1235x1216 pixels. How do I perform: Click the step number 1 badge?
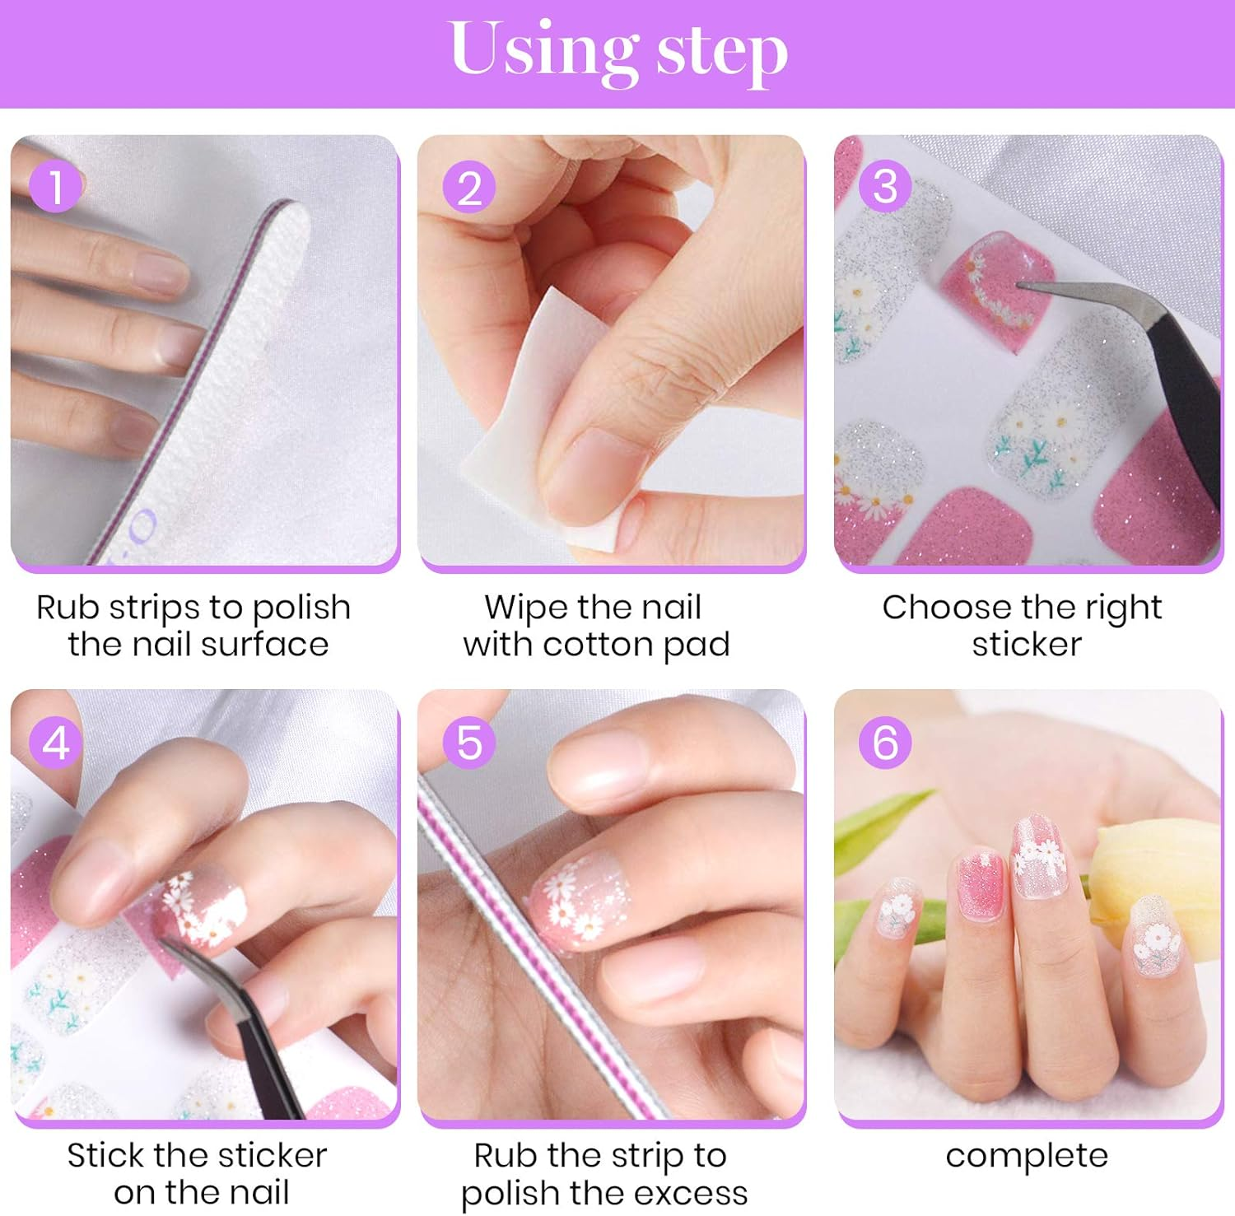[x=55, y=187]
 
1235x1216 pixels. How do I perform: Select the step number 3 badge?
[x=885, y=187]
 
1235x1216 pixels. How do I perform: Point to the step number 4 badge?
[x=55, y=743]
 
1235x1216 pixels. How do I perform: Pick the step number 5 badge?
[x=469, y=743]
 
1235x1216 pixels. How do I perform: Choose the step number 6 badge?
[x=885, y=743]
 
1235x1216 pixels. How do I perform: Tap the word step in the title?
[x=721, y=53]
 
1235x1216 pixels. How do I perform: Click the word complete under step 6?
[x=1026, y=1155]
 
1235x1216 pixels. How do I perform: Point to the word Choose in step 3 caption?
[x=934, y=608]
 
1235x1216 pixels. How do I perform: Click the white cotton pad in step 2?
[x=527, y=428]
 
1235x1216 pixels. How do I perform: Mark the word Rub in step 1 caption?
[x=68, y=608]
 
